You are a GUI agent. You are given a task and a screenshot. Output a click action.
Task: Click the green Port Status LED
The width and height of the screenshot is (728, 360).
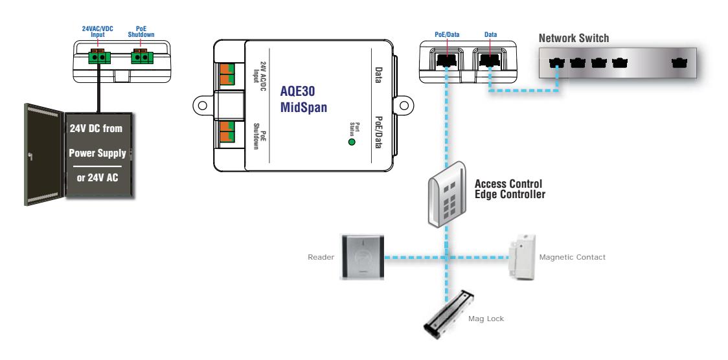point(352,142)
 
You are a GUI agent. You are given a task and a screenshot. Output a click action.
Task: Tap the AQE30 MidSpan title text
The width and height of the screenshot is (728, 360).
point(304,99)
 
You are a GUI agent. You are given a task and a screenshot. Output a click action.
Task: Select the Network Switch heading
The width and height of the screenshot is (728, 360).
point(573,38)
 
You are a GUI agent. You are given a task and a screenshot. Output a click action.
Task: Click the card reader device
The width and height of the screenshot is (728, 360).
point(362,257)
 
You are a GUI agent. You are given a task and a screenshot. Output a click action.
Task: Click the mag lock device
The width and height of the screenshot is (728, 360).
point(448,315)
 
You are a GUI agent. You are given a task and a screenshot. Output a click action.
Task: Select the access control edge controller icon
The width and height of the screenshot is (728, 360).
point(446,194)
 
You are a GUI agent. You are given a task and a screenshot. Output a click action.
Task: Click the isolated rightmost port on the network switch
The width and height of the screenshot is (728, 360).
point(679,63)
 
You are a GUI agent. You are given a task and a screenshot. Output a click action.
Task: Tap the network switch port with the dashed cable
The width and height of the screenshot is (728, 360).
point(556,63)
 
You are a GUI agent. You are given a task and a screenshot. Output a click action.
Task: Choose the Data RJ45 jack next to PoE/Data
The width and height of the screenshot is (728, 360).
point(490,60)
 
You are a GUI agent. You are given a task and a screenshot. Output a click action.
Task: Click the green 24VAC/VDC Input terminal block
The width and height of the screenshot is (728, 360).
point(99,57)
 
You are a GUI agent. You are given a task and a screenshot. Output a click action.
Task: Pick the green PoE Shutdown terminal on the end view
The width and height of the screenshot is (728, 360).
point(142,57)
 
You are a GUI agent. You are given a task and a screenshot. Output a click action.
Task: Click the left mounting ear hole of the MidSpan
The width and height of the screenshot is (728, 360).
point(203,105)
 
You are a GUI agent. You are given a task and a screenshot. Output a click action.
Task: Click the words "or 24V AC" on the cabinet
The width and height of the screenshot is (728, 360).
point(98,177)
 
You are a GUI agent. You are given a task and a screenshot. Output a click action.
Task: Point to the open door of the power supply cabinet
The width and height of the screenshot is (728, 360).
point(45,155)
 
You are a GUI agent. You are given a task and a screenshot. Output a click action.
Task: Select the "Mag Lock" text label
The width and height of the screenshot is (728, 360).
point(486,319)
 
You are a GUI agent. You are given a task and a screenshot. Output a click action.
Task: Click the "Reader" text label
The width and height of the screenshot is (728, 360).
point(321,257)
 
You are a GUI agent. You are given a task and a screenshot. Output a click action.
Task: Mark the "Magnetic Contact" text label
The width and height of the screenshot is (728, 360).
point(572,257)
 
